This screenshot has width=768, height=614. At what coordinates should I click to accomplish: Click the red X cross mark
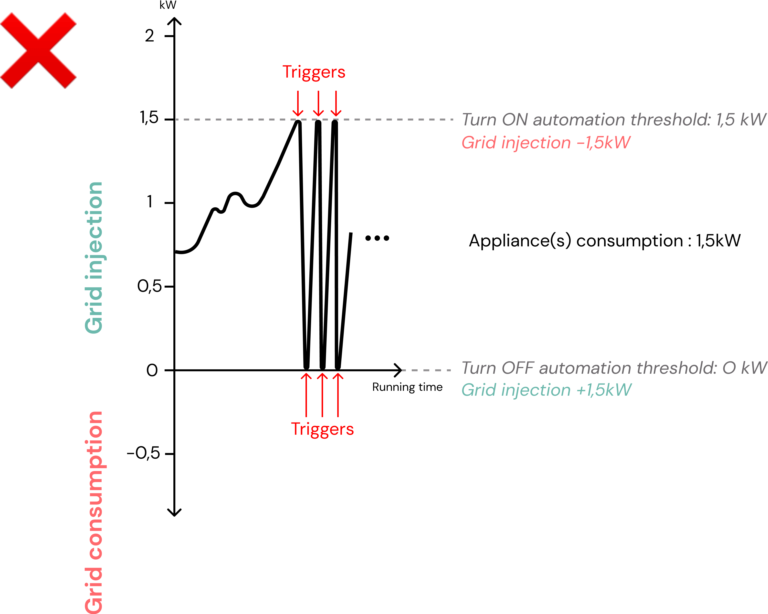[38, 50]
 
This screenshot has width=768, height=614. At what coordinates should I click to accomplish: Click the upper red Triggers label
[314, 72]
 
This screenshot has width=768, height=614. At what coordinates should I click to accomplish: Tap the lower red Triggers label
[322, 429]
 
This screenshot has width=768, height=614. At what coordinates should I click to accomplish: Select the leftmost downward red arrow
[298, 103]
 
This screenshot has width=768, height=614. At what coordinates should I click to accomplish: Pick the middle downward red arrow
[318, 103]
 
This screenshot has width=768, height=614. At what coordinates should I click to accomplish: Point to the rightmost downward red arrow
[336, 103]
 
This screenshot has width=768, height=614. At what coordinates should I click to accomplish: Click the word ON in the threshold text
[515, 120]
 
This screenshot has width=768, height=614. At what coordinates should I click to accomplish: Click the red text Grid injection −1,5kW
[546, 143]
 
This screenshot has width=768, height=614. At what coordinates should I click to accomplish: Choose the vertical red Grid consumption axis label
[94, 513]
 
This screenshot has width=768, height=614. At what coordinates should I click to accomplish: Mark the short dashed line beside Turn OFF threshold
[426, 370]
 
